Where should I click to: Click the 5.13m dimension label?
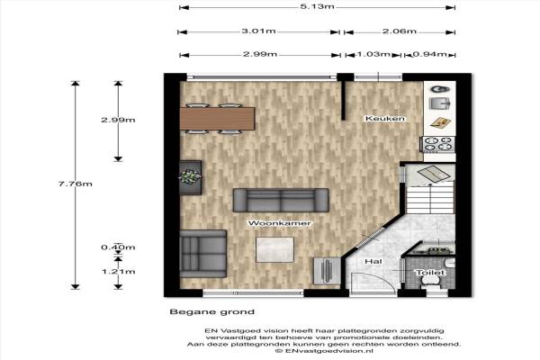click(317, 6)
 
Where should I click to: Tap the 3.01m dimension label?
click(258, 31)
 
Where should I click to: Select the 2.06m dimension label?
click(400, 31)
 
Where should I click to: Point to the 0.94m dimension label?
click(430, 54)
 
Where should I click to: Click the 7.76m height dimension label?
click(75, 184)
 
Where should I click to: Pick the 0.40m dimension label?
click(118, 247)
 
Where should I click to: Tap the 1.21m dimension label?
click(118, 272)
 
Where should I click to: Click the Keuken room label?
click(385, 119)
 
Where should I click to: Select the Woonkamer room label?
click(280, 223)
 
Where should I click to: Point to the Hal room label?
click(373, 262)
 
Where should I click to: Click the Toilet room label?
click(430, 273)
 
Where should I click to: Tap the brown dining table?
click(217, 119)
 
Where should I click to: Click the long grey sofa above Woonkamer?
click(281, 200)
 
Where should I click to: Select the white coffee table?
click(274, 249)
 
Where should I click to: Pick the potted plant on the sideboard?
click(190, 176)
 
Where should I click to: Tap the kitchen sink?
click(440, 103)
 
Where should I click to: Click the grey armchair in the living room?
click(203, 254)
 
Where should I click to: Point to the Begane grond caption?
click(212, 312)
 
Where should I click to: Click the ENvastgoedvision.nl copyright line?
click(324, 351)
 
